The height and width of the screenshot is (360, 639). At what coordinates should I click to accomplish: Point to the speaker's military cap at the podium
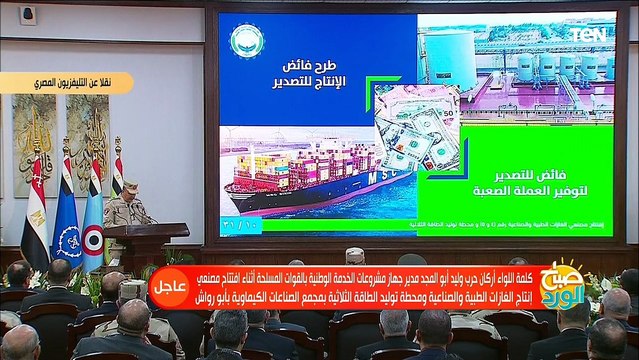click(x=130, y=187)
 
